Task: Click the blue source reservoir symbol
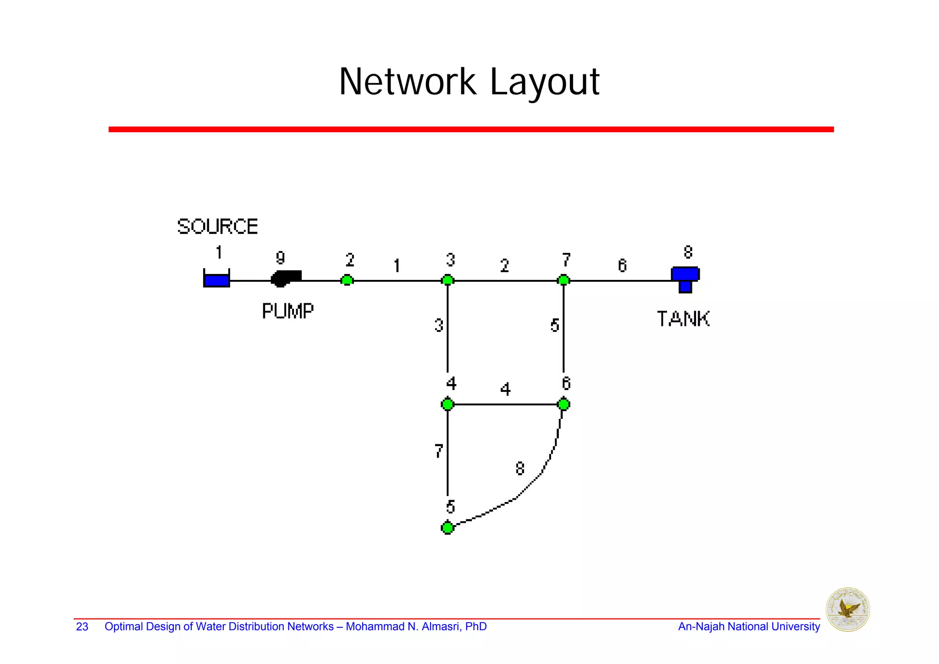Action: [216, 279]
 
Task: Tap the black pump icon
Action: [286, 278]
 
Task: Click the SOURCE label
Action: [217, 227]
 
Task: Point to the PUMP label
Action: [287, 311]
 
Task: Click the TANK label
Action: [683, 319]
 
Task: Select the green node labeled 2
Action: [347, 280]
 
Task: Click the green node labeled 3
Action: [447, 280]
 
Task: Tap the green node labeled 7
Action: [563, 280]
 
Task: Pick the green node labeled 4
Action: [447, 404]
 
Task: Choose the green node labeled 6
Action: [563, 404]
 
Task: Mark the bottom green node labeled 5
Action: [447, 528]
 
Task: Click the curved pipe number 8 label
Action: [519, 469]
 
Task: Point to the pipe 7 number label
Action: [439, 451]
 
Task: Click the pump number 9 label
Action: [280, 258]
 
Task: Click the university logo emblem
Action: [848, 610]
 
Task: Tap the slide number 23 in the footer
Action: [82, 627]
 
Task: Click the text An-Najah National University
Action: [749, 627]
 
